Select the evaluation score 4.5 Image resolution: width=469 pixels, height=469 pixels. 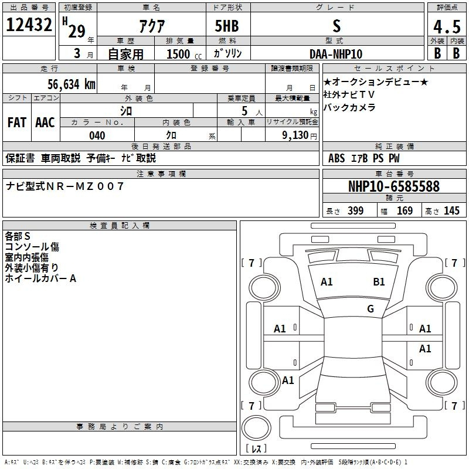(x=446, y=26)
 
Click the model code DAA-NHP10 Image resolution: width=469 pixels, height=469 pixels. (x=336, y=54)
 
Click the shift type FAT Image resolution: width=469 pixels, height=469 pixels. (x=17, y=123)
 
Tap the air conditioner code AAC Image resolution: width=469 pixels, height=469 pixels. (x=45, y=123)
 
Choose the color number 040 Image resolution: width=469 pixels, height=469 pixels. (x=97, y=135)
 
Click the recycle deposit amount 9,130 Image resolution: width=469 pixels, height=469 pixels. (x=298, y=135)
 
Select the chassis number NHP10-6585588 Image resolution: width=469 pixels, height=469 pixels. (x=393, y=186)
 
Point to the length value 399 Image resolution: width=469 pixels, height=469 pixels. (x=355, y=211)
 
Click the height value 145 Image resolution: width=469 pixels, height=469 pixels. (x=451, y=211)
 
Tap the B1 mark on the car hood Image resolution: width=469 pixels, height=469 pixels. (x=379, y=281)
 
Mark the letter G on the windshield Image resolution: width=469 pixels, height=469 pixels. (x=370, y=309)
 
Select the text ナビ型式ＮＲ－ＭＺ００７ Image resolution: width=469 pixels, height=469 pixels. (x=65, y=186)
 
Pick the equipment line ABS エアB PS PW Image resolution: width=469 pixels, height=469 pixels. (x=364, y=158)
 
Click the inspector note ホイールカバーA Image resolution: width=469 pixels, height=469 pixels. (x=41, y=278)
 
